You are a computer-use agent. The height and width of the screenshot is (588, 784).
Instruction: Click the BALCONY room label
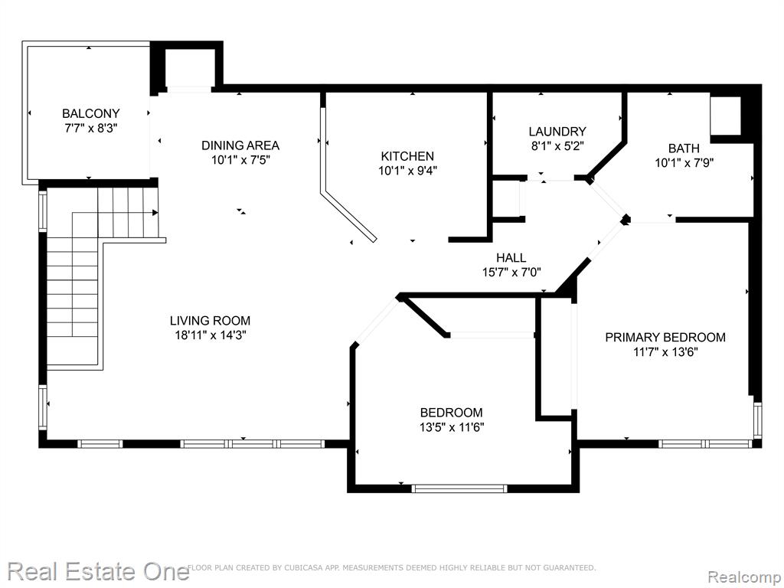tap(91, 113)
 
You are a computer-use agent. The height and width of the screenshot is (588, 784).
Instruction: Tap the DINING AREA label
tap(240, 145)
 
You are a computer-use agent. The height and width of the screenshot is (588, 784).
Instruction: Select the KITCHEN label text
tap(407, 156)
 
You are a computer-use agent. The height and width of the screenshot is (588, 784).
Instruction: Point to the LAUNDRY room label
tap(557, 132)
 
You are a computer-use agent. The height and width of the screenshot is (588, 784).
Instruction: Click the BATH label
tap(684, 149)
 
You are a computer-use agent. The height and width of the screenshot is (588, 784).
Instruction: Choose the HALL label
tap(511, 257)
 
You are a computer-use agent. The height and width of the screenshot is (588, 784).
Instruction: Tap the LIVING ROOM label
tap(210, 321)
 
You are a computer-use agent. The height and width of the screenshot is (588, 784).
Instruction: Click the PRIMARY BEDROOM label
tap(665, 338)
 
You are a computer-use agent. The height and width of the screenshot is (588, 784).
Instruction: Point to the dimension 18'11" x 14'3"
tap(210, 335)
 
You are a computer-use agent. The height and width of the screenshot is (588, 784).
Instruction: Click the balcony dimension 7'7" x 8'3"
tap(91, 129)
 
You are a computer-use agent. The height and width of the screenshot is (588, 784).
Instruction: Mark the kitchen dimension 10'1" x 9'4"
tap(407, 171)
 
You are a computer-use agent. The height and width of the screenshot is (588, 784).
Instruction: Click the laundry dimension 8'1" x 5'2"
tap(557, 146)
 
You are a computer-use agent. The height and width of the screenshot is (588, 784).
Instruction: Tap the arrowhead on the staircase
tap(155, 213)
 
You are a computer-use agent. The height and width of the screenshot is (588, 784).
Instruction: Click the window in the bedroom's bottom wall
tap(459, 488)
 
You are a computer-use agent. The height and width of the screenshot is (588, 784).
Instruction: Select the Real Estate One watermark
tap(99, 572)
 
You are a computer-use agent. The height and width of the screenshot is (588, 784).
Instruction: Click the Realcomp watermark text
tap(745, 577)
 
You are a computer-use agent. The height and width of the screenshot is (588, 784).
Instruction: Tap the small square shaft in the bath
tap(725, 116)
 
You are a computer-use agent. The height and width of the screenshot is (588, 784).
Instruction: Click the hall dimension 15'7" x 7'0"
tap(511, 273)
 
